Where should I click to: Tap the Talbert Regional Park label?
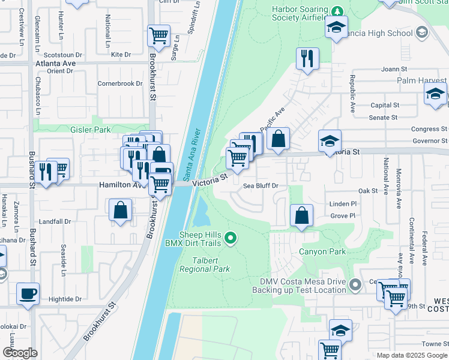click(x=205, y=265)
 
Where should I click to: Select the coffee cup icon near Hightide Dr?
click(x=28, y=294)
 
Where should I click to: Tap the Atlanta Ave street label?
click(x=55, y=63)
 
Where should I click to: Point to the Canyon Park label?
click(x=326, y=252)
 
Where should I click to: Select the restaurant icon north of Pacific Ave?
click(x=307, y=58)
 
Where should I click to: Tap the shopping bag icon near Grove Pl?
click(x=301, y=215)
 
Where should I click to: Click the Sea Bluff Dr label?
click(x=261, y=186)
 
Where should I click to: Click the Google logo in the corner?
click(x=19, y=353)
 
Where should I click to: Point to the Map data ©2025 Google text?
click(x=411, y=355)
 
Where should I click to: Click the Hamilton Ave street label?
click(x=115, y=185)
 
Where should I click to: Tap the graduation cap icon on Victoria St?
click(x=330, y=141)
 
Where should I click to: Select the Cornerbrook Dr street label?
click(x=119, y=84)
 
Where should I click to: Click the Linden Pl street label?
click(x=343, y=205)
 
